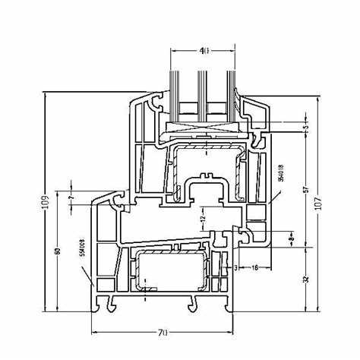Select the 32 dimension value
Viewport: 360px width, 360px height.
[x=305, y=279]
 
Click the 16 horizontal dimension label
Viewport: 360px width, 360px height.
[x=254, y=267]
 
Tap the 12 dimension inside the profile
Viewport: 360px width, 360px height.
[x=203, y=219]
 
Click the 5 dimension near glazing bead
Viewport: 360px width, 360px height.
[x=305, y=123]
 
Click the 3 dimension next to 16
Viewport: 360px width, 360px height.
[x=236, y=267]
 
